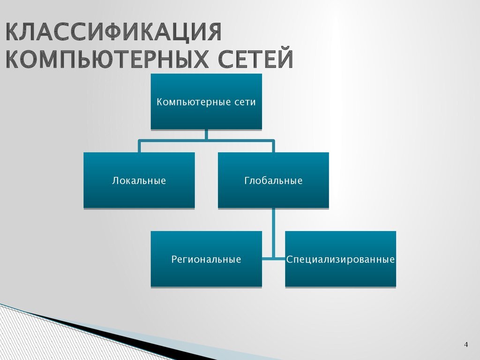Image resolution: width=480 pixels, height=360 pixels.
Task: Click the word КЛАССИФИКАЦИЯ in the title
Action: [113, 31]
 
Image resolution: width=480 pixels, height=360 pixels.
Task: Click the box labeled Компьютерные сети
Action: [206, 102]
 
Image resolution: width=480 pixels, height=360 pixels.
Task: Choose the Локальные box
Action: [139, 180]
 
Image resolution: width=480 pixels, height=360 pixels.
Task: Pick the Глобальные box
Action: [273, 180]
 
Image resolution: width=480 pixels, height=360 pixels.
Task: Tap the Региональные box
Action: [206, 259]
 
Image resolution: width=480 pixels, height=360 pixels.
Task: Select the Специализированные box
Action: [340, 259]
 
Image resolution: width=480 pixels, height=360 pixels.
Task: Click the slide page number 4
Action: [466, 345]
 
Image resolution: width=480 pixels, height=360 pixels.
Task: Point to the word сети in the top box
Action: [245, 102]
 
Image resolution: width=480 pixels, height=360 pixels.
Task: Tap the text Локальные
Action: [139, 180]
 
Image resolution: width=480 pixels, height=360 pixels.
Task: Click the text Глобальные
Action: [273, 180]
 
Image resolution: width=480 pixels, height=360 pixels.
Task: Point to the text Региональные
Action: [206, 259]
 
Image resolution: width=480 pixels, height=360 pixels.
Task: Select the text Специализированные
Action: [340, 259]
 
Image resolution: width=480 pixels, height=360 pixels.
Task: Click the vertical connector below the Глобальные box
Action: [273, 234]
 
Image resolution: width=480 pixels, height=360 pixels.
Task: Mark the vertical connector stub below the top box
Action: [206, 135]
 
